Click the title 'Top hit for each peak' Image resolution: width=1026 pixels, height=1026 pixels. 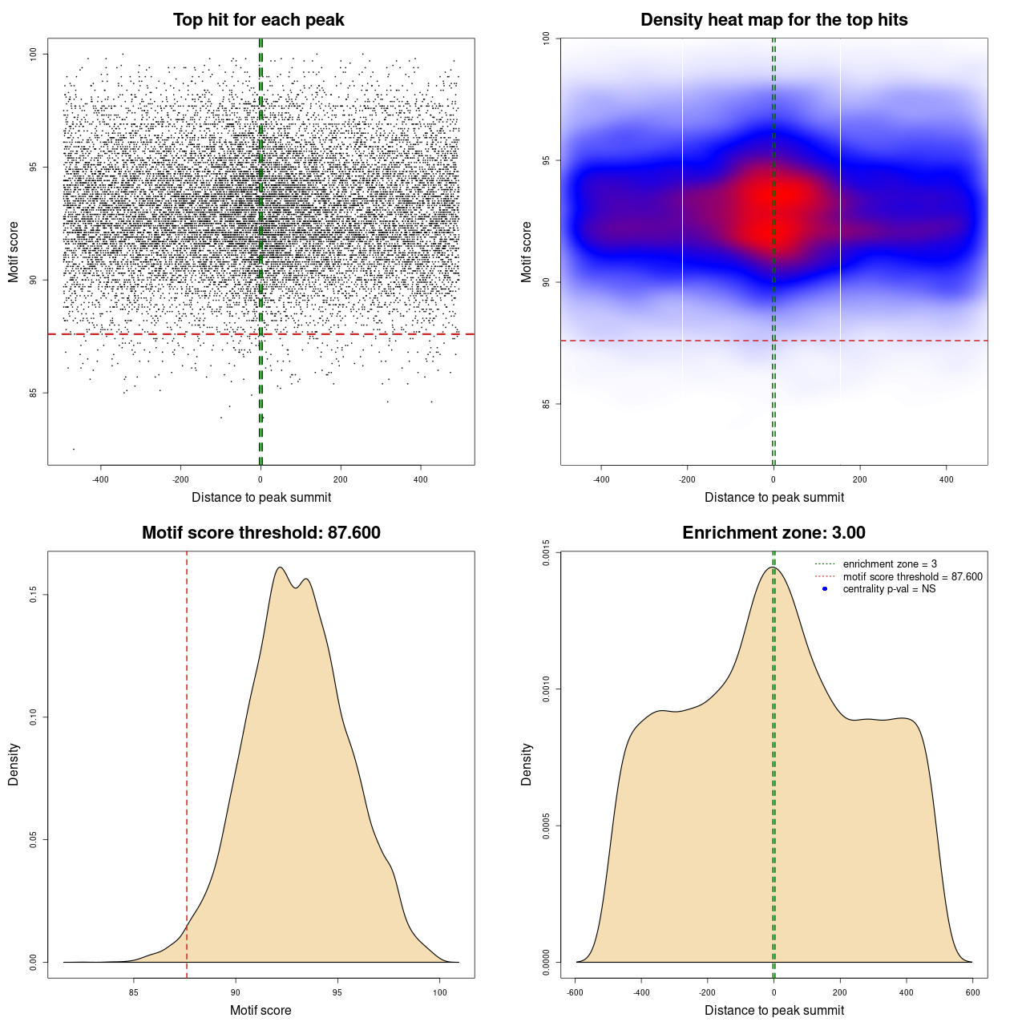pyautogui.click(x=258, y=20)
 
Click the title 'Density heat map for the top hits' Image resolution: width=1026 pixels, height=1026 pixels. pyautogui.click(x=774, y=20)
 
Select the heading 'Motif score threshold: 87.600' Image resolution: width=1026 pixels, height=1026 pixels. pyautogui.click(x=261, y=533)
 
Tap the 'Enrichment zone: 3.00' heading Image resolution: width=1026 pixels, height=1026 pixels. pyautogui.click(x=774, y=533)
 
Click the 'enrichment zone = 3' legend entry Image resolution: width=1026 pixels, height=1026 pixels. pyautogui.click(x=890, y=564)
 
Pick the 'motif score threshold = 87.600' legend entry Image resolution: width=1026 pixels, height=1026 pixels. pyautogui.click(x=912, y=577)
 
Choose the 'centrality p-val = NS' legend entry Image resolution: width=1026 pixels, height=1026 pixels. pyautogui.click(x=889, y=589)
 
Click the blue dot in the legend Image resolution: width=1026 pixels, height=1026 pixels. pyautogui.click(x=825, y=589)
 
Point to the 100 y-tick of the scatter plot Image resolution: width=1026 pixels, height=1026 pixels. pyautogui.click(x=34, y=54)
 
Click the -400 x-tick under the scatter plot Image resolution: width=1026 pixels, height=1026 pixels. pyautogui.click(x=100, y=480)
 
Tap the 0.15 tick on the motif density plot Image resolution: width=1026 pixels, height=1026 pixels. pyautogui.click(x=34, y=595)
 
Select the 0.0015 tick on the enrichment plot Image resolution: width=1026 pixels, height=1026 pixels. pyautogui.click(x=546, y=552)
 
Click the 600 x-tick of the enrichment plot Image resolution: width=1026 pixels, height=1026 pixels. pyautogui.click(x=972, y=993)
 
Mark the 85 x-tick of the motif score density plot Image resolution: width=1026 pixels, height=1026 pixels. pyautogui.click(x=134, y=993)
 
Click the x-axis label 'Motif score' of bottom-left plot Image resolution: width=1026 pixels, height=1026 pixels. pyautogui.click(x=261, y=1010)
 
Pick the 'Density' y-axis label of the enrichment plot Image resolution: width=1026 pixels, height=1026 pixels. pyautogui.click(x=527, y=764)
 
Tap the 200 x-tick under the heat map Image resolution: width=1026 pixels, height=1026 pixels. pyautogui.click(x=859, y=480)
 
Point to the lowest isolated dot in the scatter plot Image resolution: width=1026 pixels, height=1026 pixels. pyautogui.click(x=74, y=449)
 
